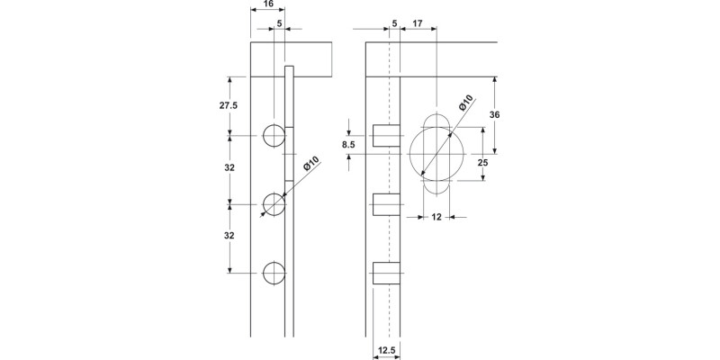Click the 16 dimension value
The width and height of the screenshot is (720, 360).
tap(263, 5)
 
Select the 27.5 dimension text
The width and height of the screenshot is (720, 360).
tap(229, 105)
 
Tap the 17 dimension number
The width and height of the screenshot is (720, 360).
tap(418, 22)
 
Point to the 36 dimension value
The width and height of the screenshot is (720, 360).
tap(508, 114)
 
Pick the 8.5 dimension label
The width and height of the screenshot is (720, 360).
tap(348, 143)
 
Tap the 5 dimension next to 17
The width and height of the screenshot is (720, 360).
tap(394, 22)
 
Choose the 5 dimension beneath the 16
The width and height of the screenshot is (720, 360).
tap(279, 22)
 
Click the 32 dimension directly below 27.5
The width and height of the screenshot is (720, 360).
tap(229, 168)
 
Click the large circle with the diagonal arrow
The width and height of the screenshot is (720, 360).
tap(436, 153)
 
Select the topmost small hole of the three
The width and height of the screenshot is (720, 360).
tap(274, 136)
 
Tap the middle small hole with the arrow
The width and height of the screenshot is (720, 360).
tap(274, 204)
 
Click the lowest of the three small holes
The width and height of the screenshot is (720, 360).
tap(274, 273)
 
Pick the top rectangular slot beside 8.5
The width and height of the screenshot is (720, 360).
tap(385, 136)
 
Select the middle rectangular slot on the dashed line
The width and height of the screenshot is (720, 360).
tap(385, 204)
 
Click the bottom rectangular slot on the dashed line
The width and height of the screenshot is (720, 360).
tap(385, 273)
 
